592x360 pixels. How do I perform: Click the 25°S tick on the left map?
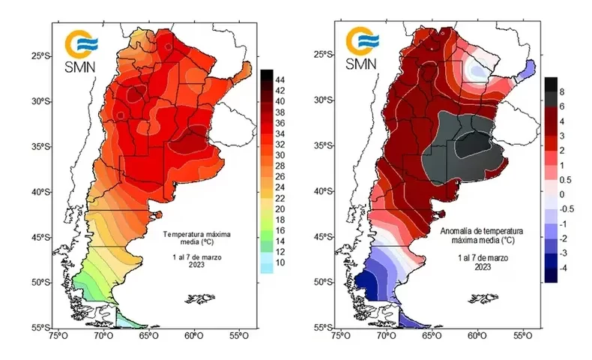[42, 55]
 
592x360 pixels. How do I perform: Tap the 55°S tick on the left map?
[42, 328]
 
